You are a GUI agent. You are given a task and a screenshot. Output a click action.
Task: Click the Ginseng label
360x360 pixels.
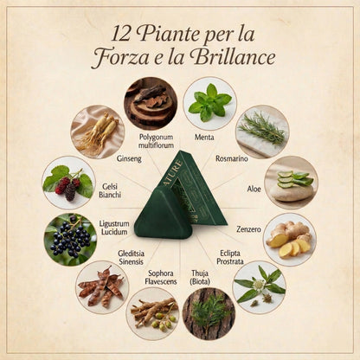point(129,158)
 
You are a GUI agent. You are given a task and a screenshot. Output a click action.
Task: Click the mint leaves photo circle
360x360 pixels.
point(209,103)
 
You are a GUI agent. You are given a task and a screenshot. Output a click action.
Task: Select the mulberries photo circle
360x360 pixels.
point(68,181)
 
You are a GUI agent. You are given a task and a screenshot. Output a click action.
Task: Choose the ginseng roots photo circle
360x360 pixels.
point(97,132)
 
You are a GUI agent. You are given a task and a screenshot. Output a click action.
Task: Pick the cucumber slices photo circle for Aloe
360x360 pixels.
point(291,182)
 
